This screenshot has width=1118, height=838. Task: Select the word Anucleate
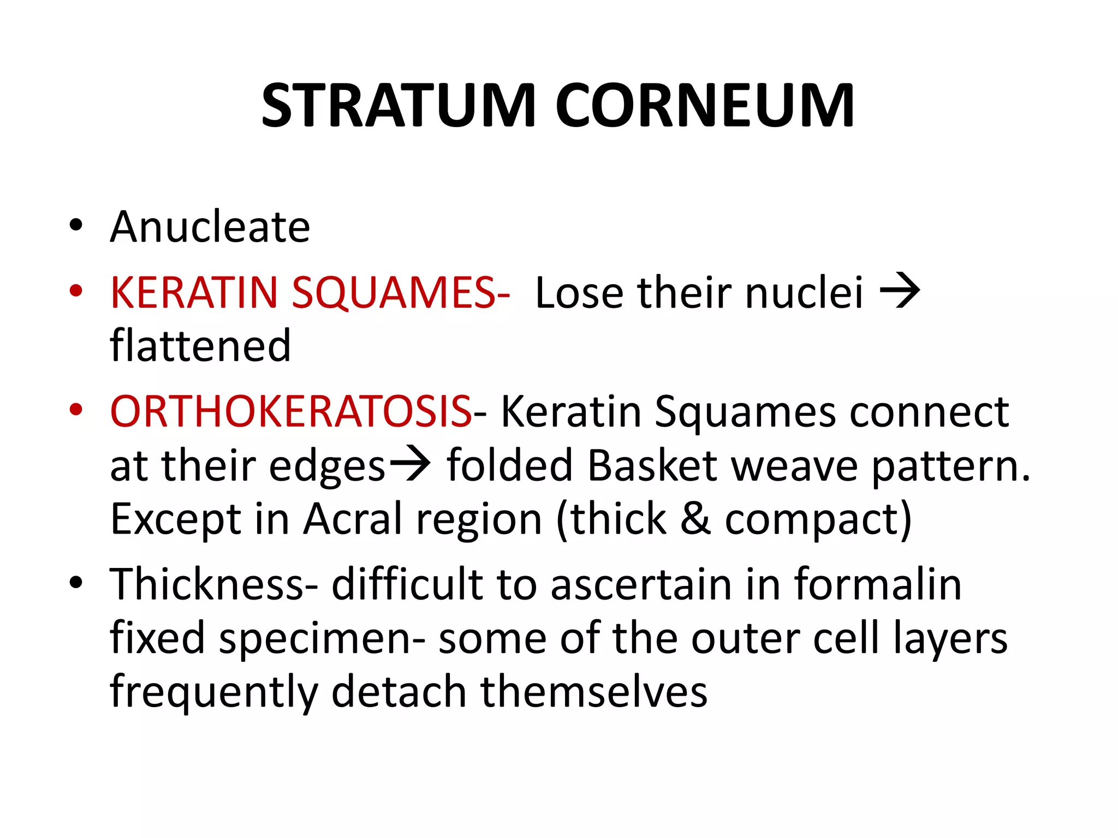click(x=210, y=226)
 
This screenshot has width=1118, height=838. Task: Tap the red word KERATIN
click(x=194, y=293)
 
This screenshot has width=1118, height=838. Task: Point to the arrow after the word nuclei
click(x=900, y=292)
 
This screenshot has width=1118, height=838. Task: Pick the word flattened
click(x=200, y=346)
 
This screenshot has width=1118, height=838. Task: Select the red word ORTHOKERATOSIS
click(x=291, y=411)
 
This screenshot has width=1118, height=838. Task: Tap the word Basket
click(x=652, y=465)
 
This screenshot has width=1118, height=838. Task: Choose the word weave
click(x=794, y=465)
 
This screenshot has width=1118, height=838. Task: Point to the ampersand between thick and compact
click(x=695, y=519)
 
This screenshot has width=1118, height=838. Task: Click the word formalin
click(x=878, y=584)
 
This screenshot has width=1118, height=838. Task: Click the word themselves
click(x=594, y=691)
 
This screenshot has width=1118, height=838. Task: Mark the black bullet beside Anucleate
click(x=76, y=225)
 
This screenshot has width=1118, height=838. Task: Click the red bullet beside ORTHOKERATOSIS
click(x=76, y=410)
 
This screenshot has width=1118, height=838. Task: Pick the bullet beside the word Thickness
click(x=76, y=583)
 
